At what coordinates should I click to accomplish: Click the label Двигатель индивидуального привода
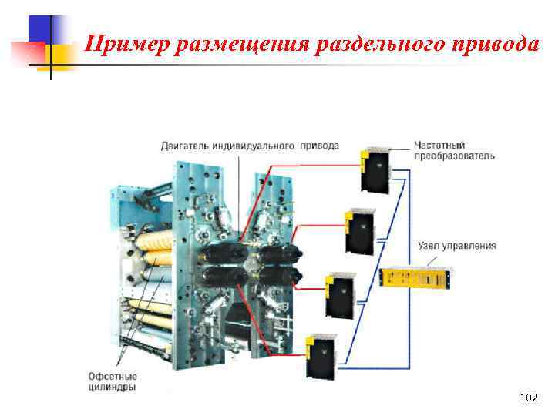[x=250, y=146]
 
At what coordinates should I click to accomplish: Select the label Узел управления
[x=457, y=246]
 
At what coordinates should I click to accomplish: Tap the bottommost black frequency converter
[x=321, y=355]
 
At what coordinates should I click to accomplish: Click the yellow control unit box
[x=416, y=278]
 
